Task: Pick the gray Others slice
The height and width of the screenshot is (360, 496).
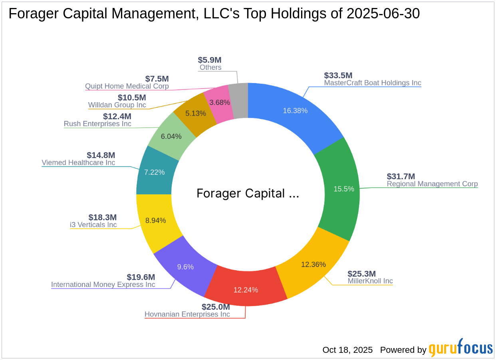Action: point(239,101)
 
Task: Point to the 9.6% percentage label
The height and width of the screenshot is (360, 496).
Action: point(185,267)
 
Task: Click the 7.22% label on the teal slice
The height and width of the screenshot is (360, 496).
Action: point(154,172)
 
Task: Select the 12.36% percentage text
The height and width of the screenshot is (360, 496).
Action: point(313,264)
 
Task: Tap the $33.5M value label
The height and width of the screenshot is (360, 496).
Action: point(338,75)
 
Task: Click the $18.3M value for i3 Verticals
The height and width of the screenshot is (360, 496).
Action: point(102,218)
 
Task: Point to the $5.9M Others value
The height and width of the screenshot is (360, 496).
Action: point(210,60)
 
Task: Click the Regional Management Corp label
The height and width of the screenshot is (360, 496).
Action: point(432,184)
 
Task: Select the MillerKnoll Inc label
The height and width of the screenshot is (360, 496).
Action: point(370,281)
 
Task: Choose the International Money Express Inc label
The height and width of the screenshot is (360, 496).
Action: point(103,285)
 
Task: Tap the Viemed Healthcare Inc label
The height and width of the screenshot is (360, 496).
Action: point(78,163)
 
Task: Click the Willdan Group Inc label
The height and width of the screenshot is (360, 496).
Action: point(117,105)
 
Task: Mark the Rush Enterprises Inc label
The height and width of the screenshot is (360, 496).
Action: point(97,124)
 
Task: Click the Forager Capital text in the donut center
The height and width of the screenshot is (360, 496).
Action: point(248,194)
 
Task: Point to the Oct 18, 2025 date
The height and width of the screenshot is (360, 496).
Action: point(347,350)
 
